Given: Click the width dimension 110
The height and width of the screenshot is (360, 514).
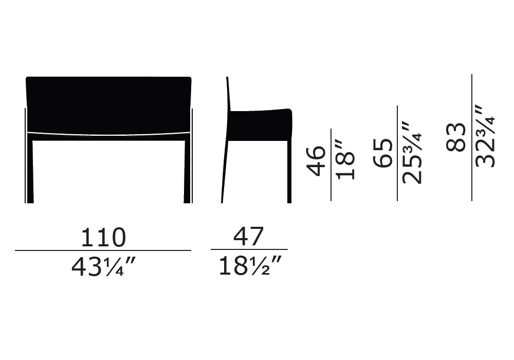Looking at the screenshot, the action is (x=103, y=237).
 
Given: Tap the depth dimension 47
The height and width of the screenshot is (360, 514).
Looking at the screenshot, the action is (x=248, y=237).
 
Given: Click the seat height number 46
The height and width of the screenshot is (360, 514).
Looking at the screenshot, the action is (x=316, y=160).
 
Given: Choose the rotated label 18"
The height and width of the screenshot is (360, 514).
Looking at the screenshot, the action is (x=345, y=160).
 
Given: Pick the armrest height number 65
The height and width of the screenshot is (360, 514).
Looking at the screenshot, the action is (x=382, y=153).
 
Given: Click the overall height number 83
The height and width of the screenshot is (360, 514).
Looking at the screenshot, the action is (x=456, y=137).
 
